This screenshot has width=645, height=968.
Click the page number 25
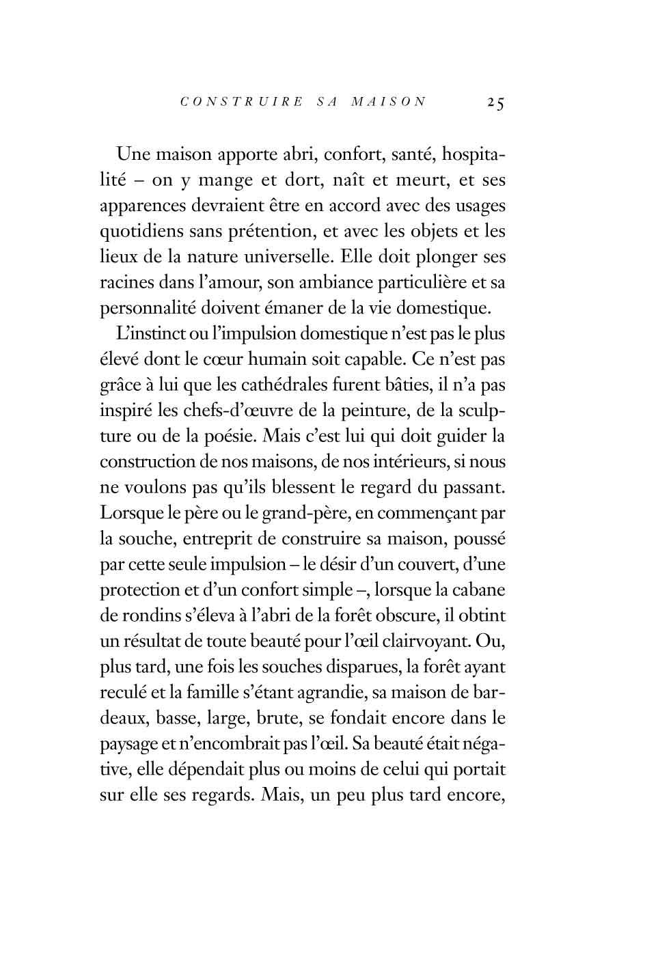click(495, 103)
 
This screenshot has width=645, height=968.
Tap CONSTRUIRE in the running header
click(241, 102)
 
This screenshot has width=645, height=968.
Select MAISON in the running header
click(388, 102)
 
